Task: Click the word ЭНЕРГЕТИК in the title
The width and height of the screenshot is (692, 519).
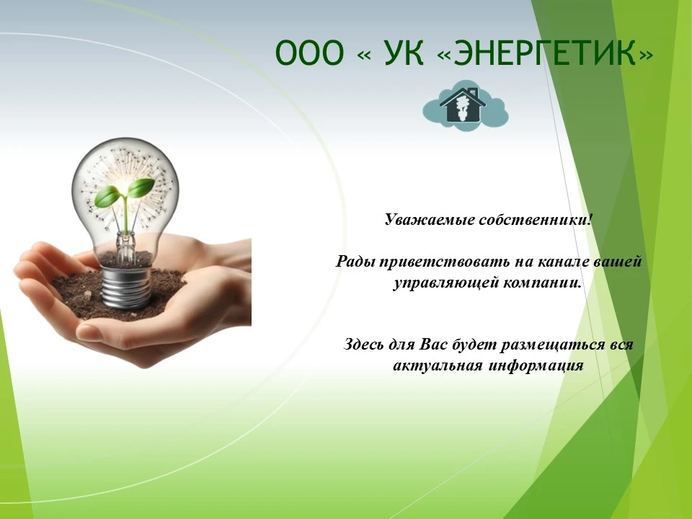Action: click(545, 53)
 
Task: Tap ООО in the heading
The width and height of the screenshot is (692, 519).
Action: click(309, 53)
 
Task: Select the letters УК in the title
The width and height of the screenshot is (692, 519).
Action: click(404, 53)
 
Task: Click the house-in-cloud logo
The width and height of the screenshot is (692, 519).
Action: click(466, 105)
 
